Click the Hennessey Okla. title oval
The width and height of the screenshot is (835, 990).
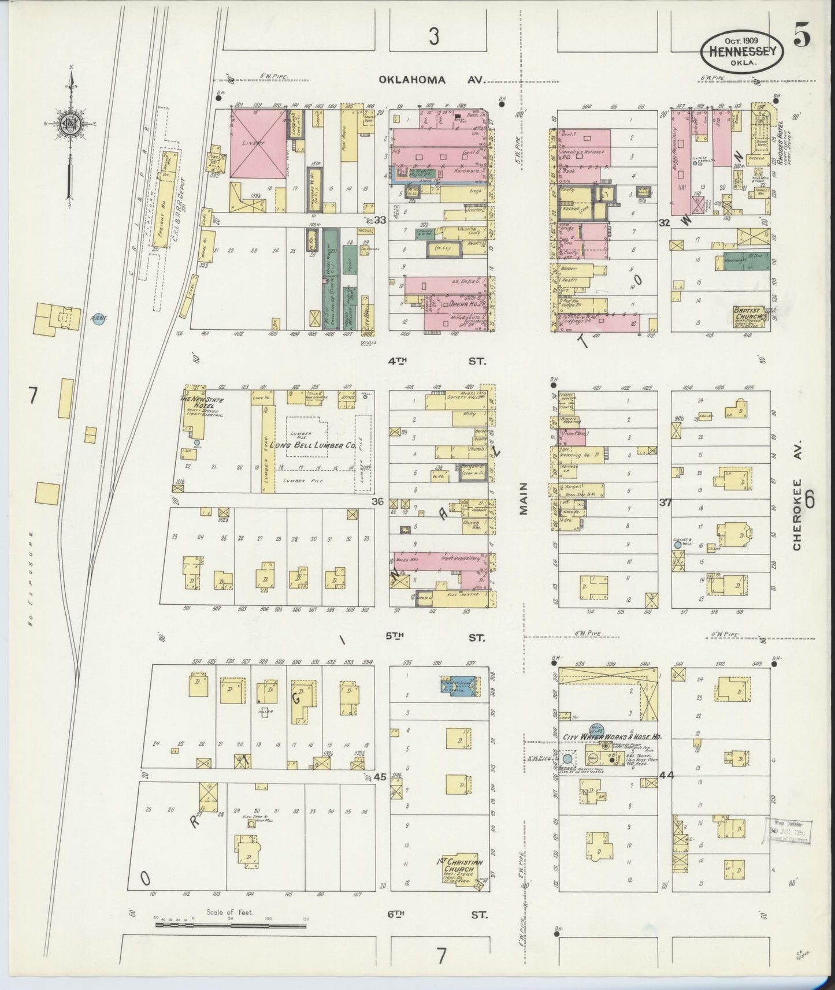coord(742,51)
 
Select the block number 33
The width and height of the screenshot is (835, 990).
coord(379,220)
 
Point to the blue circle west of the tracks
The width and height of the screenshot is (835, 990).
coord(98,318)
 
